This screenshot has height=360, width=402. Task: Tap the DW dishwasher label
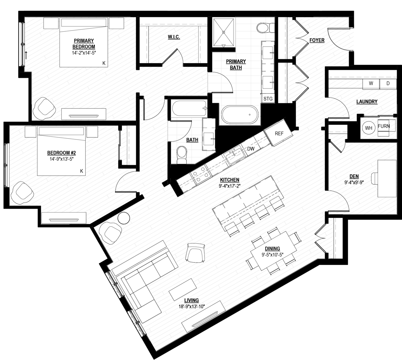[251, 149]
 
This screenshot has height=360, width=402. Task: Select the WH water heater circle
[369, 128]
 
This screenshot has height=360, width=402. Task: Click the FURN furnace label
[384, 126]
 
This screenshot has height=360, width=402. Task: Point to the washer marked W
[371, 84]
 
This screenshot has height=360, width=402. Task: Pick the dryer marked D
[388, 84]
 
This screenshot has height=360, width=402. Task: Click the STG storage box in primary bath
[268, 99]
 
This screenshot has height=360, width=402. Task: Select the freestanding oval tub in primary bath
[240, 115]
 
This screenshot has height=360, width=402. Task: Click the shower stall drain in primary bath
[224, 32]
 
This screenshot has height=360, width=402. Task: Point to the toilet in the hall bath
[181, 155]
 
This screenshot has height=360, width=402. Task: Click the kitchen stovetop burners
[200, 175]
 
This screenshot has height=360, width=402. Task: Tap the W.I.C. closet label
[174, 37]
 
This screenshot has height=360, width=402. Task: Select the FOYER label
[317, 40]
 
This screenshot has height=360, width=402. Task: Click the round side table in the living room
[124, 218]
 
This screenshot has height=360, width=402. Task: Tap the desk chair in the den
[375, 178]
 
